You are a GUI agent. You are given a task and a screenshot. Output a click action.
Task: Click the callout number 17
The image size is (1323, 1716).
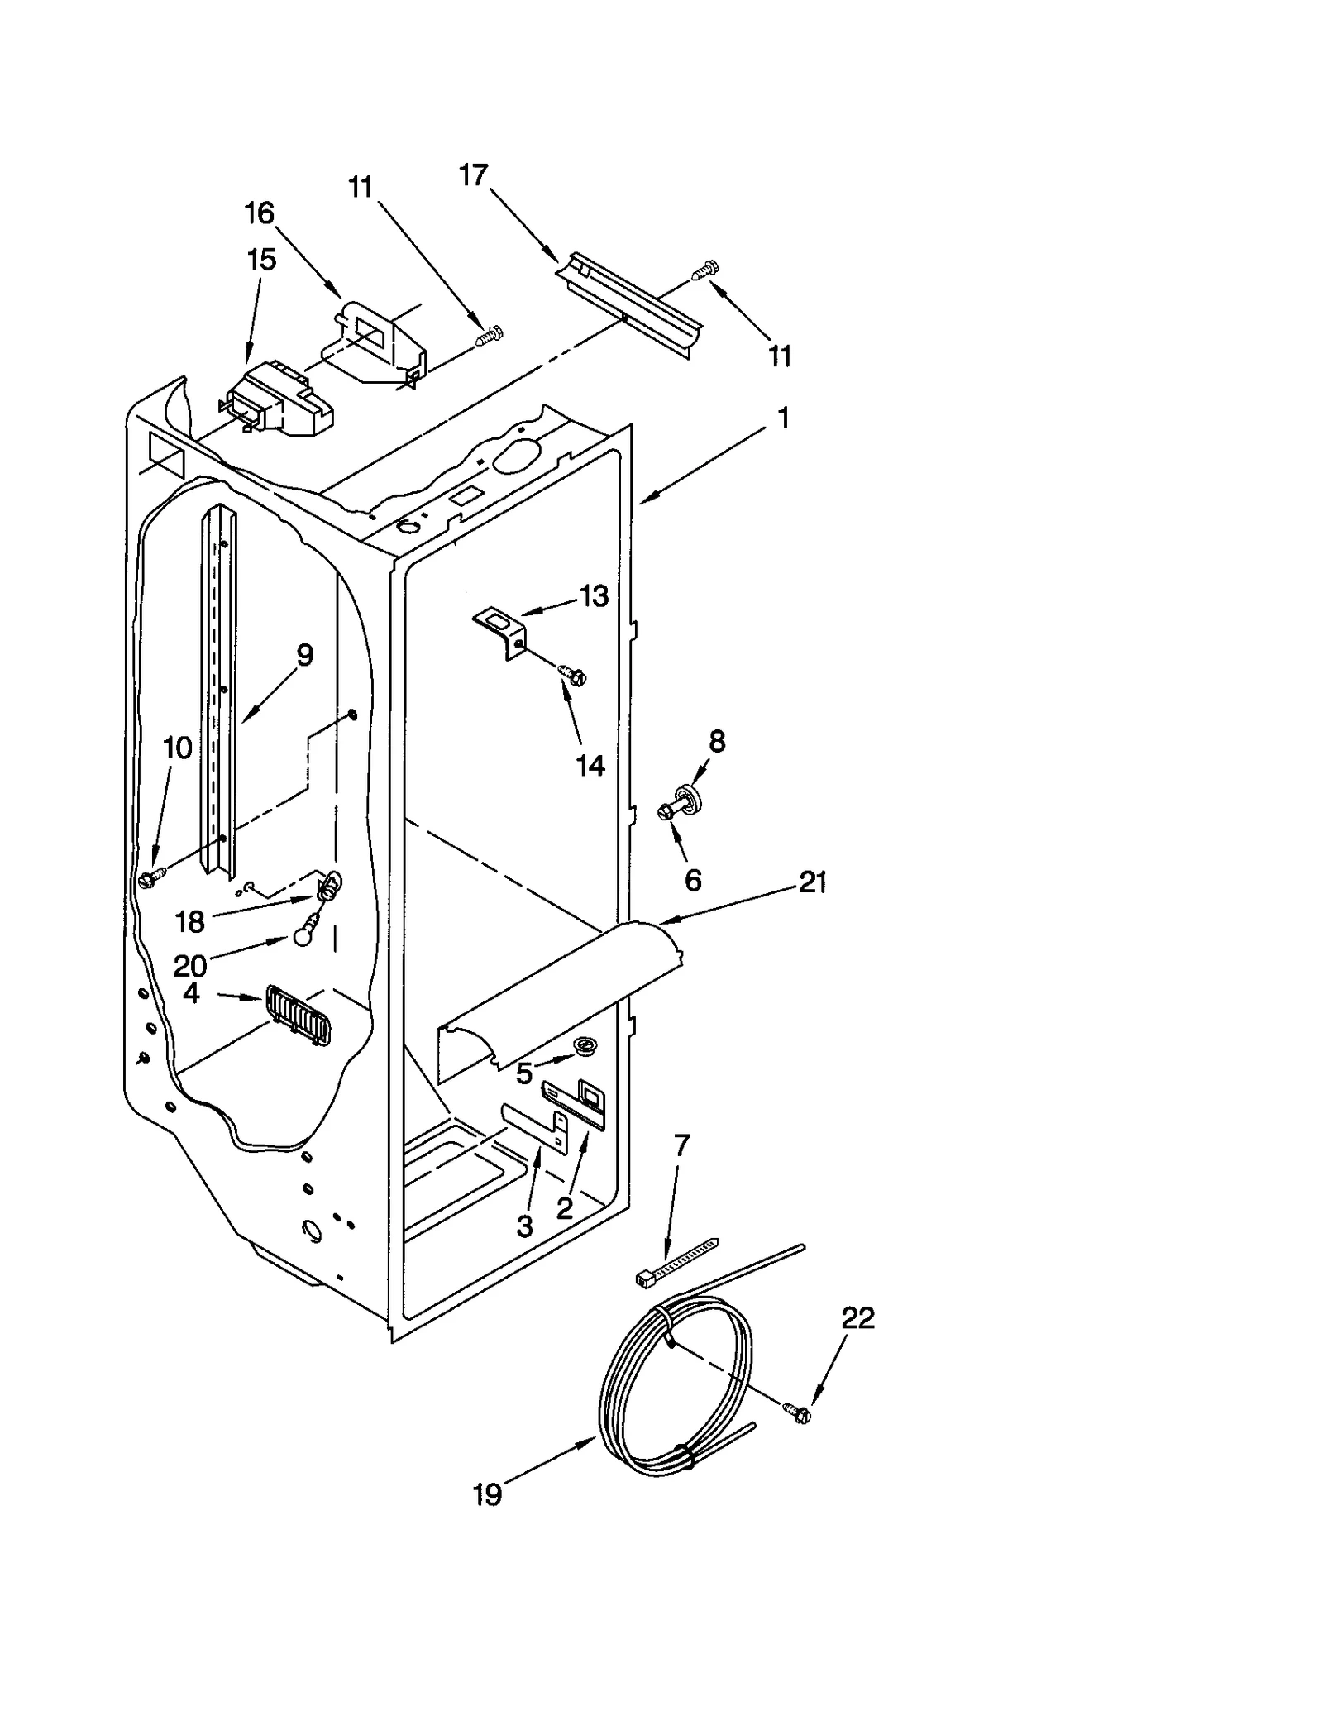474,175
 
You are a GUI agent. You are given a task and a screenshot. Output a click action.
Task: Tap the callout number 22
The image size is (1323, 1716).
857,1317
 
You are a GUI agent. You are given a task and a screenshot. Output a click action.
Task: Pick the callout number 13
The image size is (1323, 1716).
594,595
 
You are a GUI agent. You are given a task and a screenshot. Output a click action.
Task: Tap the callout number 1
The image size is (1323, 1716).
782,418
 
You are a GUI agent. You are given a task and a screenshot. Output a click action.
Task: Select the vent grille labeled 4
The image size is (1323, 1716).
298,1016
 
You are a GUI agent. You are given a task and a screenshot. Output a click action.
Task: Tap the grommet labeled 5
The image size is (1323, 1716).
585,1048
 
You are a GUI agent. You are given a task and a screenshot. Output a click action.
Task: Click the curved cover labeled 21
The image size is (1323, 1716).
562,988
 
